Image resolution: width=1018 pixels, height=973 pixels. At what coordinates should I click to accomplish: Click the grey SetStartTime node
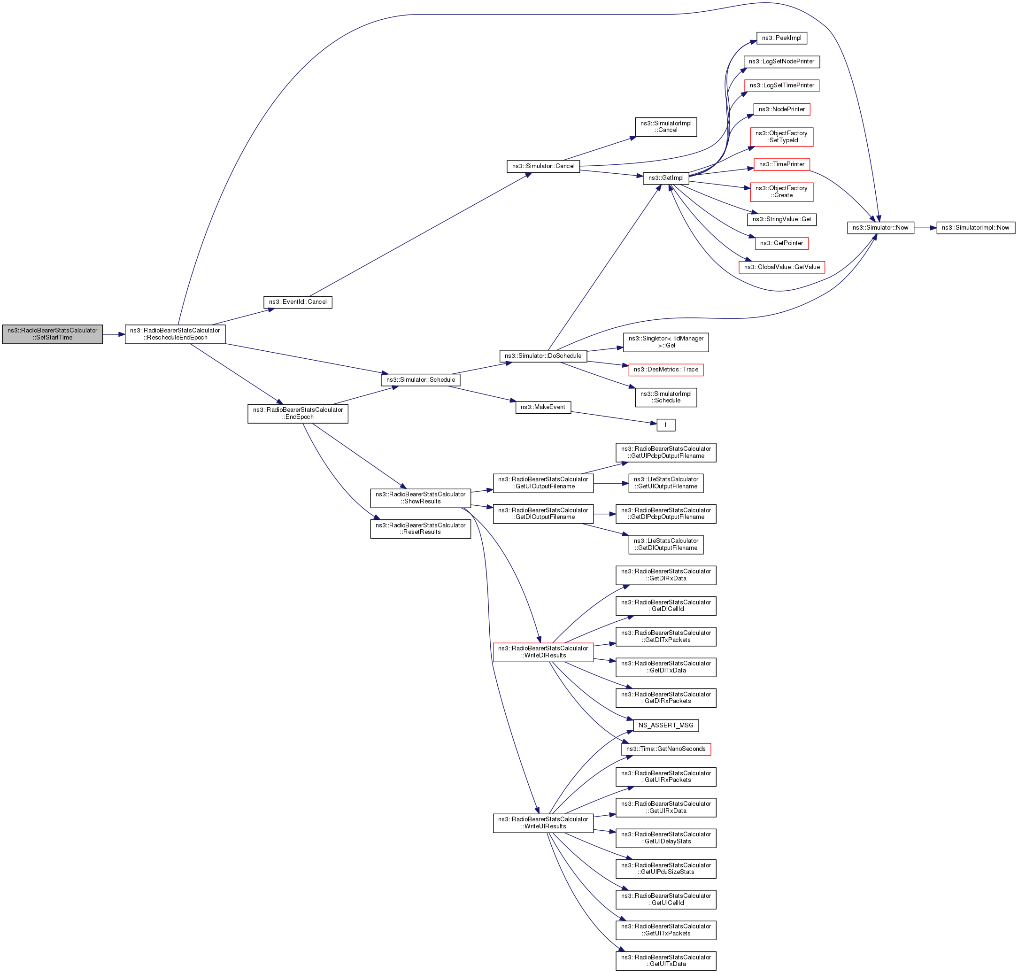pyautogui.click(x=53, y=334)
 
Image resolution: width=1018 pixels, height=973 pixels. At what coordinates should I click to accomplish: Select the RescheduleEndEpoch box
pyautogui.click(x=175, y=334)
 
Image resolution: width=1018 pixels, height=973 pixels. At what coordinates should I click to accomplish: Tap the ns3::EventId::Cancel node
pyautogui.click(x=298, y=302)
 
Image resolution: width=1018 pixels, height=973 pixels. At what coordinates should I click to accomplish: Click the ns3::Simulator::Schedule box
pyautogui.click(x=420, y=379)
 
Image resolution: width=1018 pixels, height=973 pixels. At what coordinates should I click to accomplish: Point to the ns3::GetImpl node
pyautogui.click(x=665, y=178)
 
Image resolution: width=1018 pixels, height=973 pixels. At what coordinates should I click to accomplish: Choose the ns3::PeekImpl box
pyautogui.click(x=781, y=38)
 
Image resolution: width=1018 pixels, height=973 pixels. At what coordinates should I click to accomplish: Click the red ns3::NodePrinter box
pyautogui.click(x=781, y=109)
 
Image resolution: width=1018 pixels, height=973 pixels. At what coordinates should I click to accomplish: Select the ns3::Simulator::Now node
pyautogui.click(x=880, y=228)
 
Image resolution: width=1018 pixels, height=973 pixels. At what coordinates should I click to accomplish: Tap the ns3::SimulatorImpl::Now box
pyautogui.click(x=975, y=228)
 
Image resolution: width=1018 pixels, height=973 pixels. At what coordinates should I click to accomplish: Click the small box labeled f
pyautogui.click(x=665, y=425)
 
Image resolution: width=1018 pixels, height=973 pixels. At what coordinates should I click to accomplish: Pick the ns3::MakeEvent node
pyautogui.click(x=543, y=407)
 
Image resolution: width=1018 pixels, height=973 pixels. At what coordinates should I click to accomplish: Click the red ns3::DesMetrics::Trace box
pyautogui.click(x=665, y=370)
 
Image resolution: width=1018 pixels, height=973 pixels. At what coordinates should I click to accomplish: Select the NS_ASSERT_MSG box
pyautogui.click(x=665, y=725)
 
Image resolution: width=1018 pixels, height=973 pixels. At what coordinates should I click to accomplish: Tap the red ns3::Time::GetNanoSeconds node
pyautogui.click(x=665, y=749)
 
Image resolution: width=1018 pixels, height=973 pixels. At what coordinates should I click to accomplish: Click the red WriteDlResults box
pyautogui.click(x=543, y=652)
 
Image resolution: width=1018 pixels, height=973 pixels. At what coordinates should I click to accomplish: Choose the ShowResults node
pyautogui.click(x=420, y=498)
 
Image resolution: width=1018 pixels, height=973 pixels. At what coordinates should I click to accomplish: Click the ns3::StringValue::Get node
pyautogui.click(x=781, y=219)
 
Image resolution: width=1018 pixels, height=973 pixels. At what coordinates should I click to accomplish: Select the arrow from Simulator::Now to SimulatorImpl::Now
pyautogui.click(x=925, y=228)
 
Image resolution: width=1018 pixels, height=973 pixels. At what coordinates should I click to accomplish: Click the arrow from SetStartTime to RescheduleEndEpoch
pyautogui.click(x=114, y=334)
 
